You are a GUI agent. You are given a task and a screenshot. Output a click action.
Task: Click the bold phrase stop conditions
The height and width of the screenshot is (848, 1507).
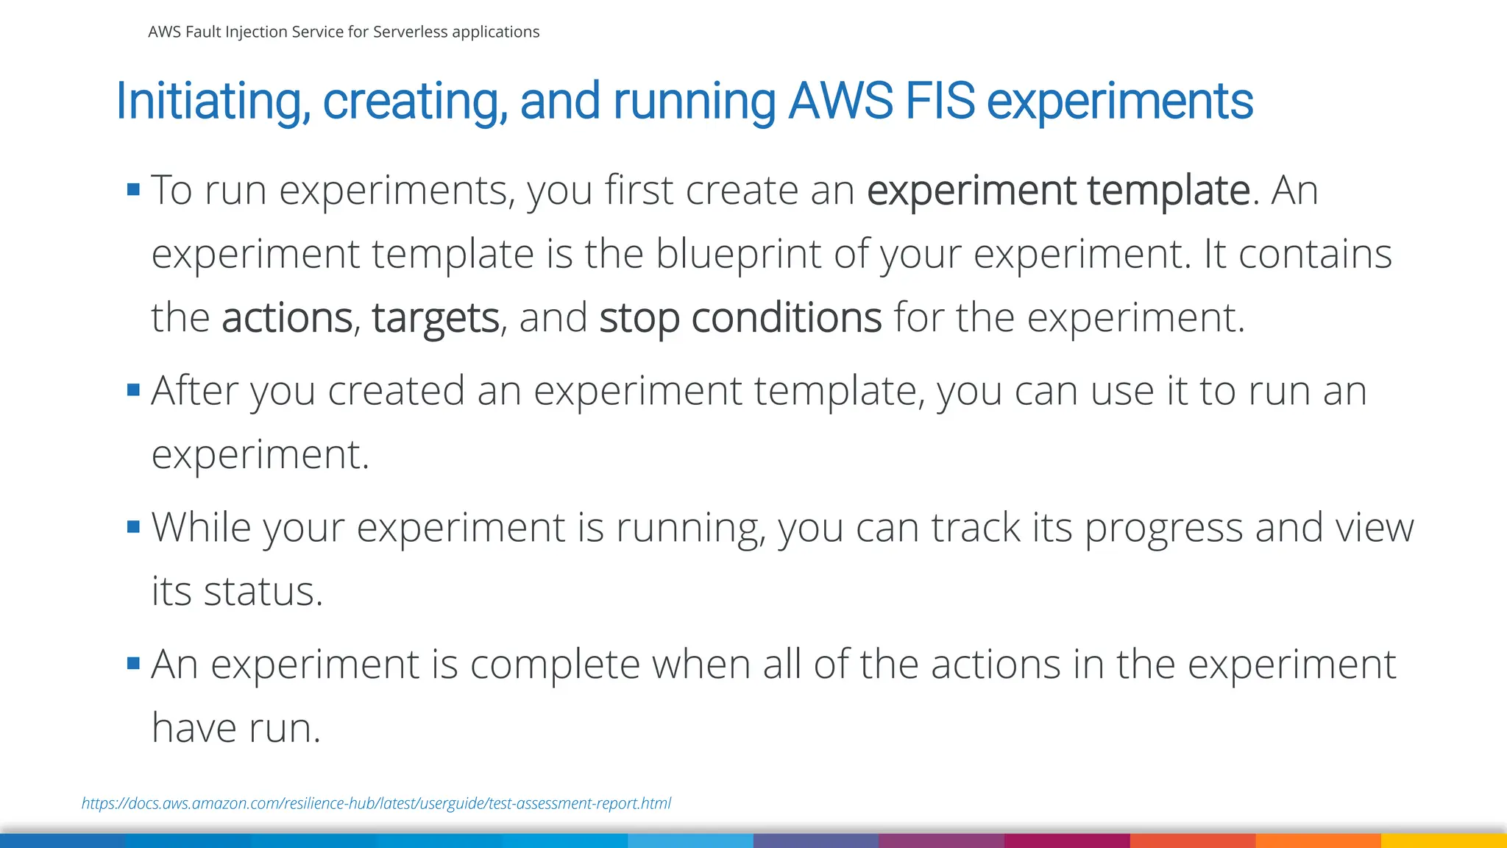(x=740, y=318)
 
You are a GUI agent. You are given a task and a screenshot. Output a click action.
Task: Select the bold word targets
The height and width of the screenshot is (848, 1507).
(x=436, y=318)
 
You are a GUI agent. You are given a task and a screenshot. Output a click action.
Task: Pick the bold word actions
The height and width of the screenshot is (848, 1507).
(x=287, y=318)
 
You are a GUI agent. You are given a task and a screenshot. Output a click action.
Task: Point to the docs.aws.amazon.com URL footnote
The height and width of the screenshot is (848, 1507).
(x=376, y=803)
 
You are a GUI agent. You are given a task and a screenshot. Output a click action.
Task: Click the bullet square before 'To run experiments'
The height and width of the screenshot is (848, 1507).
(x=133, y=190)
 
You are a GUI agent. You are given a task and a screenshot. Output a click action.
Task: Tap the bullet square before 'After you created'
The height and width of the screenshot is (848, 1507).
(x=133, y=390)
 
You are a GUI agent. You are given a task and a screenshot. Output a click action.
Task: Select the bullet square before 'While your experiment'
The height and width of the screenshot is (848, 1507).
(x=133, y=527)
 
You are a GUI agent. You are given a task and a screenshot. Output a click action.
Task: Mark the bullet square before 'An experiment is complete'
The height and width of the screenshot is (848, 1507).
(x=133, y=664)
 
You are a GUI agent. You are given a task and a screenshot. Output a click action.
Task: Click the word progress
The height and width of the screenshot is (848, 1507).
(x=1163, y=529)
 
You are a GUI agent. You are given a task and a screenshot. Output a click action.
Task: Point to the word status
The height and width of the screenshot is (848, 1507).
(x=263, y=592)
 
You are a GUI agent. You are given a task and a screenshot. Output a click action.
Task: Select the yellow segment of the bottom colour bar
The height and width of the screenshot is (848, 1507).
(x=1444, y=841)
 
